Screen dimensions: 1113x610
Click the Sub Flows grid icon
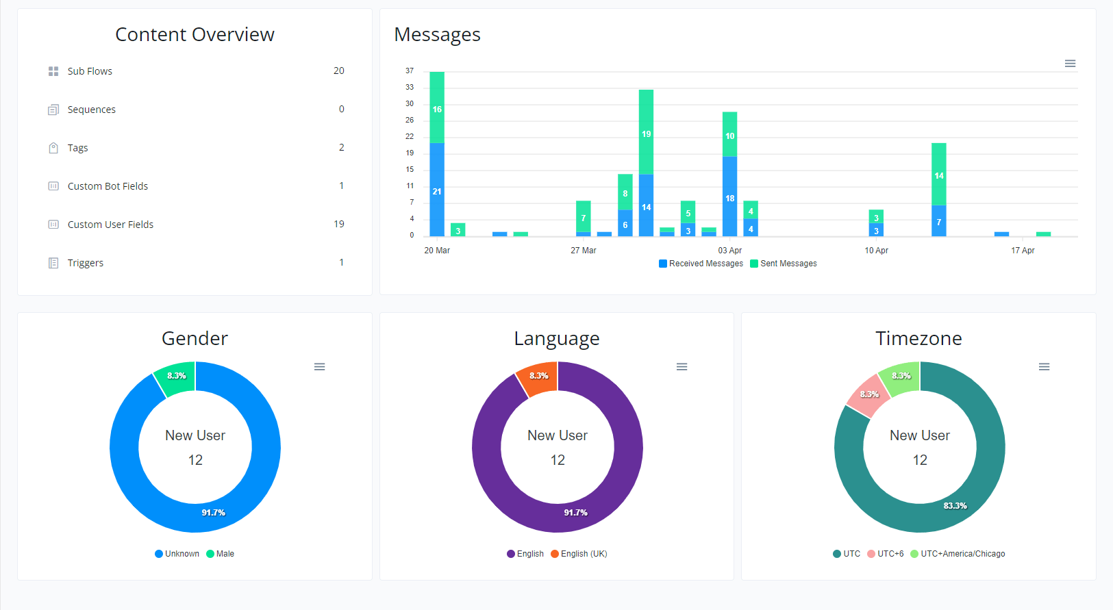(53, 71)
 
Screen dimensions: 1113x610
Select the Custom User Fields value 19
(339, 224)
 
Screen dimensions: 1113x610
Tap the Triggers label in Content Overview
(86, 263)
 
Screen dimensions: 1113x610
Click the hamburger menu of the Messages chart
(1070, 64)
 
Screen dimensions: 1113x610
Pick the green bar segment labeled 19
(646, 132)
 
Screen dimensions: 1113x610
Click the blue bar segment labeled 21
(437, 189)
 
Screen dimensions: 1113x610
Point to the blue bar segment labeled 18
(729, 196)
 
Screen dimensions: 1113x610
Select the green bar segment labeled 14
(938, 174)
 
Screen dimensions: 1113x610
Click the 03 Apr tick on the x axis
(729, 251)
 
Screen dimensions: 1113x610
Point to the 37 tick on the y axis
(410, 71)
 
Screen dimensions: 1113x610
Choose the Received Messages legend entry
(701, 264)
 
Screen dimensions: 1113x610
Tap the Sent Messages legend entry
(783, 264)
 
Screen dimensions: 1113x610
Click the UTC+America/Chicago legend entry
(958, 554)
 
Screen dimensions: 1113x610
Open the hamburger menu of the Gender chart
(319, 366)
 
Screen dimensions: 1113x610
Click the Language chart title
(556, 338)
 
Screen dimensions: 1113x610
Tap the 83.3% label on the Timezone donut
(955, 506)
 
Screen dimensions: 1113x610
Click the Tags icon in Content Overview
(53, 147)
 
